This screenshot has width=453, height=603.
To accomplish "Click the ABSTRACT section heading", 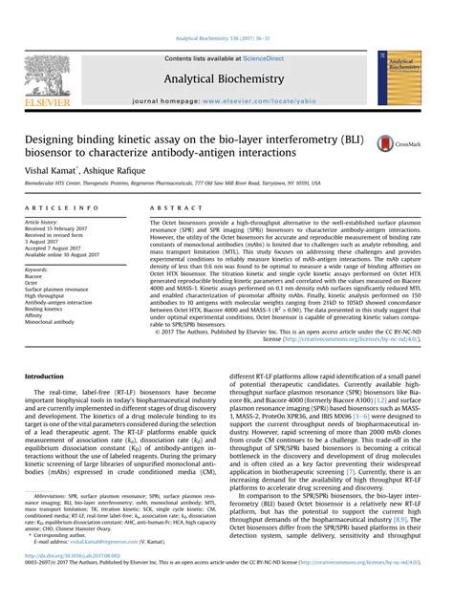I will tap(171, 207).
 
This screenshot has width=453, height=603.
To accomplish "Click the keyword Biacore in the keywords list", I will tap(37, 276).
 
